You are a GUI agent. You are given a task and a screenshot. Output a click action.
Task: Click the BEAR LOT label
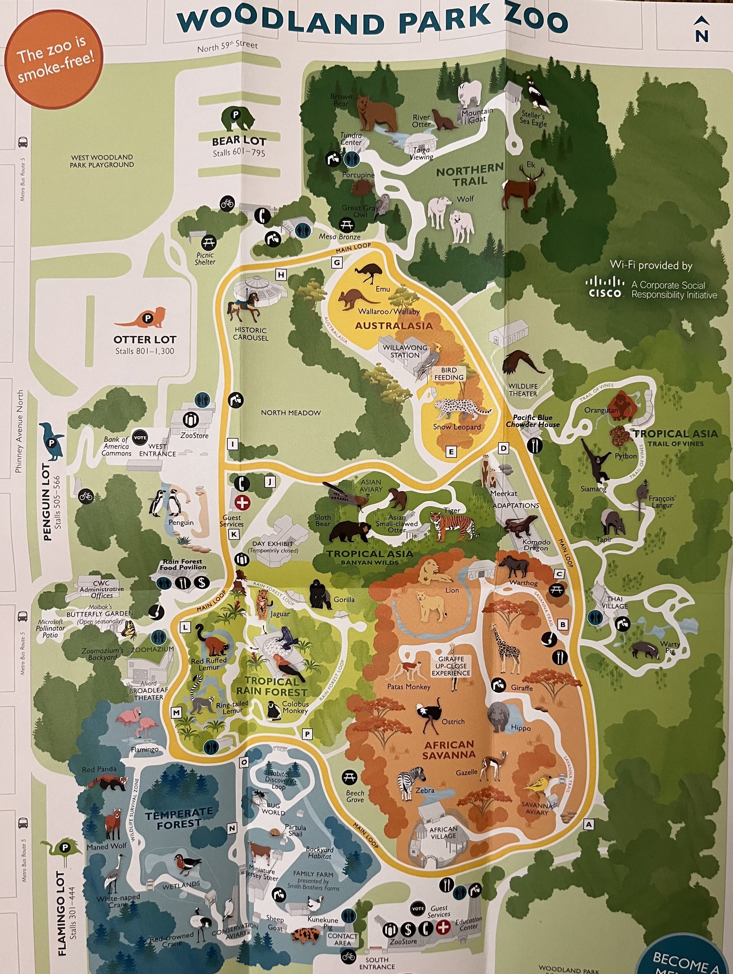[239, 141]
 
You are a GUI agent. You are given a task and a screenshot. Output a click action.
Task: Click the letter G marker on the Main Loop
[336, 262]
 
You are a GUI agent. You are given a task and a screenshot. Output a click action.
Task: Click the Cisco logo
[605, 287]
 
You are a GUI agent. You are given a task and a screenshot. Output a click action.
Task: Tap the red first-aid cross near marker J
[242, 502]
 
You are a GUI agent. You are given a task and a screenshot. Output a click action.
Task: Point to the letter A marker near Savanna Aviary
[588, 824]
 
